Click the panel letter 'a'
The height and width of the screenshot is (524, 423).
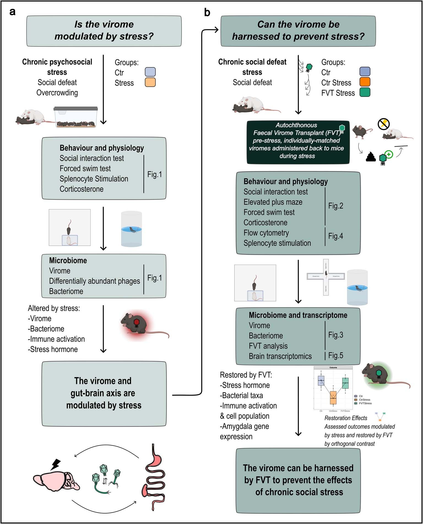(12, 12)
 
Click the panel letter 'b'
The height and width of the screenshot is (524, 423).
(207, 12)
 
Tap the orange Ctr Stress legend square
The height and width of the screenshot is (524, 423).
(365, 82)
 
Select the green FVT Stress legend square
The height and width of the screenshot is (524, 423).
(365, 92)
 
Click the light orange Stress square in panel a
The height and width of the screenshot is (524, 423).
(150, 82)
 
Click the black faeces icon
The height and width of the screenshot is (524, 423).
(371, 157)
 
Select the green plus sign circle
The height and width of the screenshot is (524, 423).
(389, 154)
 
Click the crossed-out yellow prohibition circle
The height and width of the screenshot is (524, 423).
(383, 124)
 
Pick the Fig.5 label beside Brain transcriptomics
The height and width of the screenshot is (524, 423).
(335, 355)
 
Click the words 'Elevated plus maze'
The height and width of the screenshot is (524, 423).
(273, 202)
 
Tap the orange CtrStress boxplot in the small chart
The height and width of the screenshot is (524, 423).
(333, 398)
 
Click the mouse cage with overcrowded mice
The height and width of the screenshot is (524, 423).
(76, 117)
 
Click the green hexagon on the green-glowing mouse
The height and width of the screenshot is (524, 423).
(379, 373)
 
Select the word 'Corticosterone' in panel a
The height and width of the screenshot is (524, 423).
(82, 189)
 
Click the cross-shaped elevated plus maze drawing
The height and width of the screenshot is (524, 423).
(326, 277)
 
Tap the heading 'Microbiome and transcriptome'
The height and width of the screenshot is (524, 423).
(298, 315)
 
